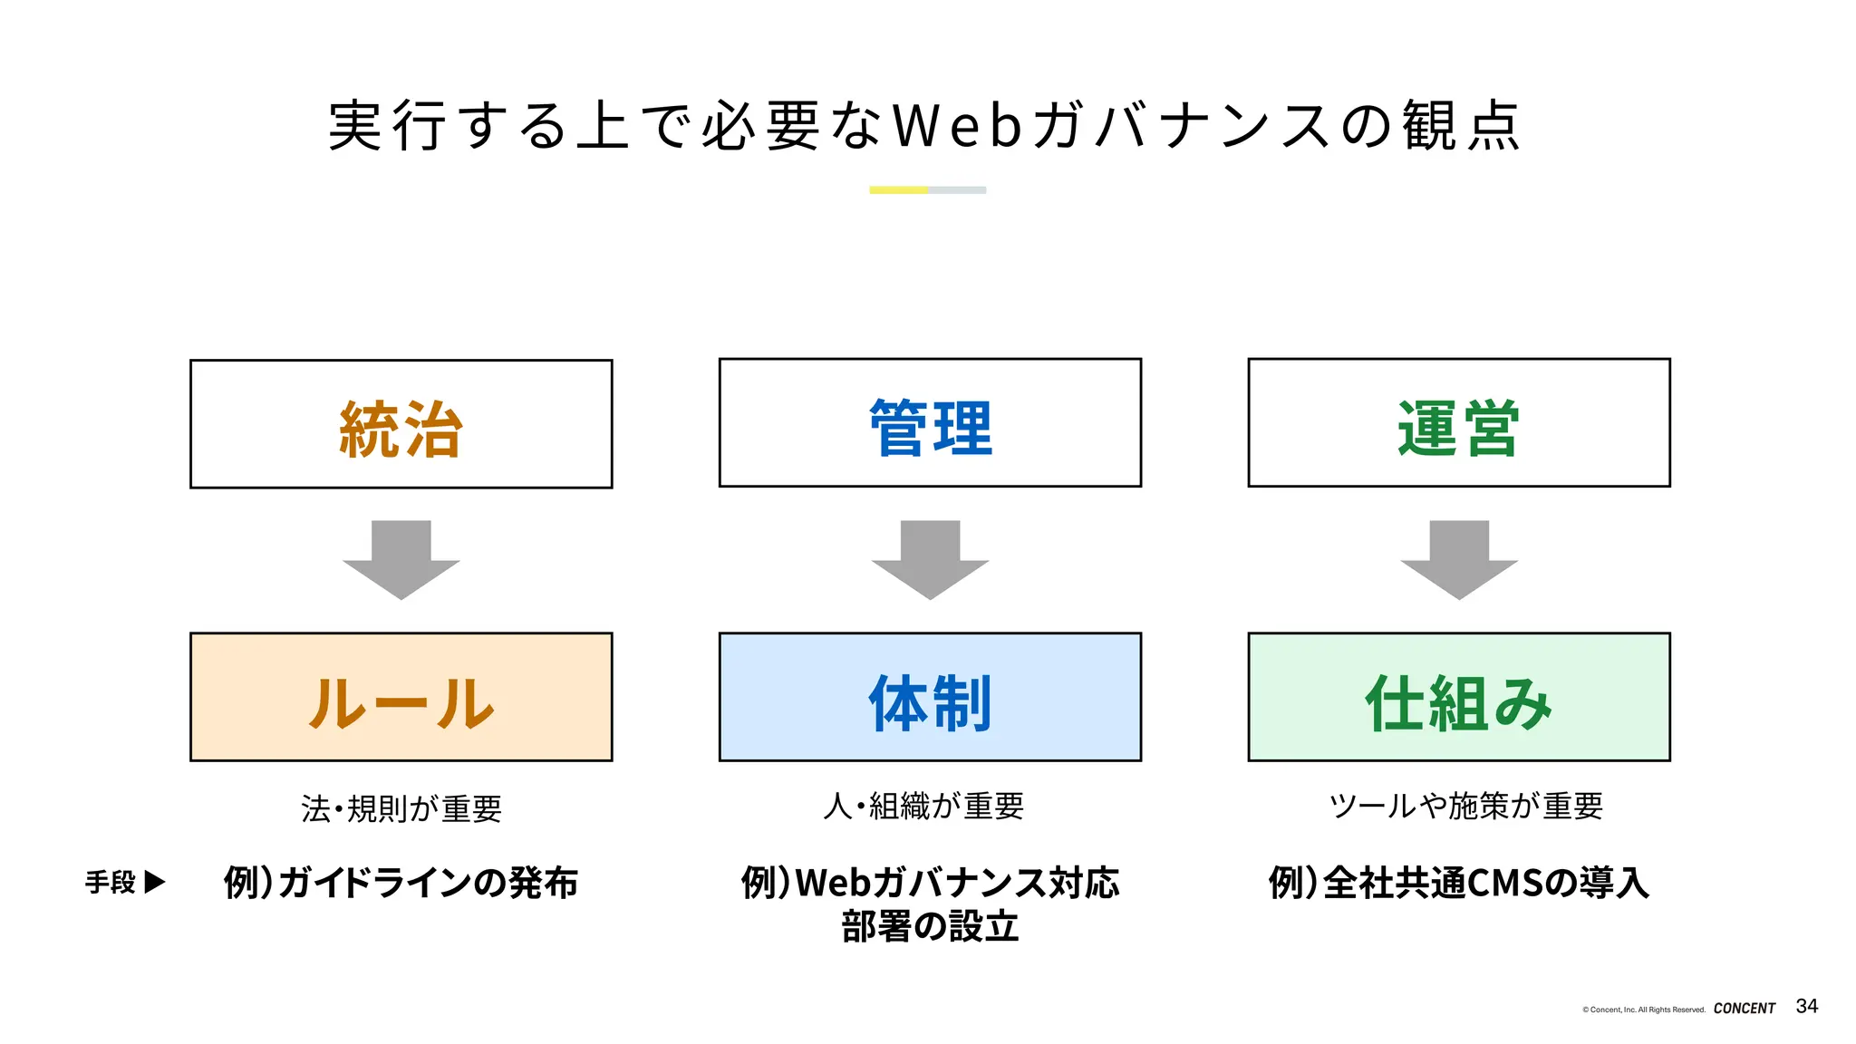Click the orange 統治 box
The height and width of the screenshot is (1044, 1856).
click(401, 424)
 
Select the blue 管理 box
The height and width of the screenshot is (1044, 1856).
click(930, 423)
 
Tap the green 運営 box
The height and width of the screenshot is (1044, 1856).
click(1458, 423)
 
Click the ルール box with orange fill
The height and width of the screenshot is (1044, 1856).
click(401, 697)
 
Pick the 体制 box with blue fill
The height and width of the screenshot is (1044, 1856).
click(930, 697)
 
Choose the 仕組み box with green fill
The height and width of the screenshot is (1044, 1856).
click(1458, 697)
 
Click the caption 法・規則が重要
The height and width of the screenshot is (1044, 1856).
click(401, 808)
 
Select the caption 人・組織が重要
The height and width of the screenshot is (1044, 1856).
click(923, 806)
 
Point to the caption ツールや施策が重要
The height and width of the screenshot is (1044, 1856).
click(1465, 806)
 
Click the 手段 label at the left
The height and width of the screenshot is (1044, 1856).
click(111, 882)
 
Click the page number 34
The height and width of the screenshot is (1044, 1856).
click(1806, 1006)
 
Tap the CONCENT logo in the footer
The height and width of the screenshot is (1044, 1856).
click(1744, 1008)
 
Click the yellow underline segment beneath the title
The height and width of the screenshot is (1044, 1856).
click(898, 190)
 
